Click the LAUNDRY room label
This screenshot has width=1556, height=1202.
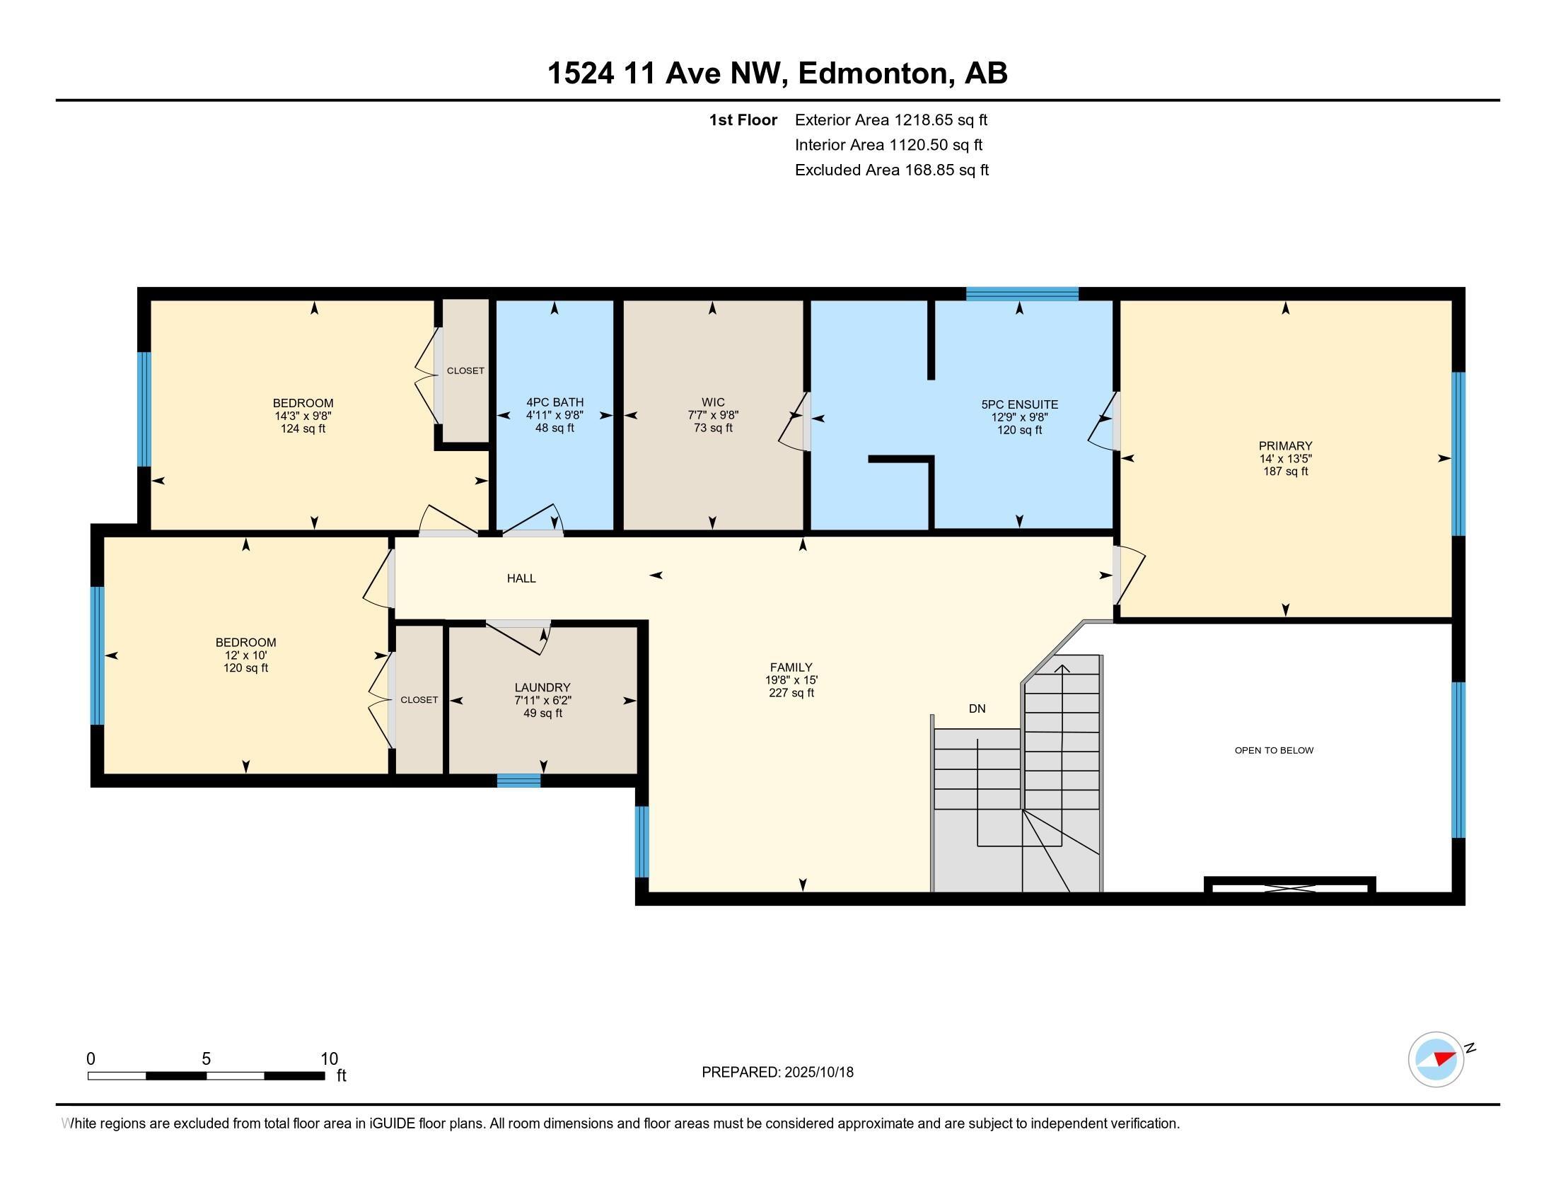pyautogui.click(x=543, y=687)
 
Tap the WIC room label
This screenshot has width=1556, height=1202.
pyautogui.click(x=712, y=402)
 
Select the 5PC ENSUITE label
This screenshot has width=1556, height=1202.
pyautogui.click(x=1019, y=404)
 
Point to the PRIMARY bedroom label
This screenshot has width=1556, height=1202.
pyautogui.click(x=1285, y=445)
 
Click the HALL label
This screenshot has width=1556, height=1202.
pyautogui.click(x=521, y=578)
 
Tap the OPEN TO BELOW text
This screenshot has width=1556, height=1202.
pyautogui.click(x=1274, y=749)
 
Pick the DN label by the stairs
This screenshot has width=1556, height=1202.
pyautogui.click(x=977, y=708)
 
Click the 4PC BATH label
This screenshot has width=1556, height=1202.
pyautogui.click(x=555, y=402)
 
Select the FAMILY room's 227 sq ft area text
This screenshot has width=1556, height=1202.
pyautogui.click(x=791, y=693)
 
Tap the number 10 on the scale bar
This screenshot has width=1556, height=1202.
pyautogui.click(x=329, y=1058)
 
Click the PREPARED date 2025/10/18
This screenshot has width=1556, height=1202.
pyautogui.click(x=818, y=1072)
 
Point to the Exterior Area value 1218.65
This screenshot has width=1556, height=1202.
pyautogui.click(x=924, y=119)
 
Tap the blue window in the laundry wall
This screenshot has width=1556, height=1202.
pyautogui.click(x=518, y=781)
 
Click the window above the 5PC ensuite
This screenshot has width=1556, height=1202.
pyautogui.click(x=1023, y=294)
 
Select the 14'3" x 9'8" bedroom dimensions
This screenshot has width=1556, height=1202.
pyautogui.click(x=303, y=416)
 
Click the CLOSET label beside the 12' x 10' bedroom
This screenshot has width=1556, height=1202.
pyautogui.click(x=419, y=700)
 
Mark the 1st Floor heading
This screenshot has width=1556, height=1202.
pyautogui.click(x=743, y=119)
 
